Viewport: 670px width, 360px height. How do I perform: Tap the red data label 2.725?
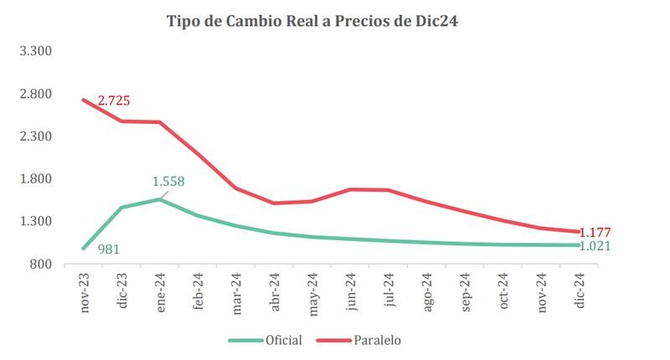tap(114, 101)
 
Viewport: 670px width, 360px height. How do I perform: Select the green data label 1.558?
tap(167, 181)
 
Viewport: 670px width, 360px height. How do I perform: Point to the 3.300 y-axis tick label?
tap(36, 51)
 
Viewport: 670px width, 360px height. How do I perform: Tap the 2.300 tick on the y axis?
tap(36, 136)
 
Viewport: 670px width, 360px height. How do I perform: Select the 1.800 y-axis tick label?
tap(36, 179)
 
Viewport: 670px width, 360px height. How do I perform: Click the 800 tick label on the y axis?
tap(41, 265)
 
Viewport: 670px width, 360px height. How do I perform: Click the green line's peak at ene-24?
tap(160, 198)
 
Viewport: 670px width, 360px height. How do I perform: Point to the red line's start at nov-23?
tap(83, 100)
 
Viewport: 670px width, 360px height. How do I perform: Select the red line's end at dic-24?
tap(581, 232)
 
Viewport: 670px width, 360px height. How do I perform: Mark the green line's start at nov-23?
tap(83, 249)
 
